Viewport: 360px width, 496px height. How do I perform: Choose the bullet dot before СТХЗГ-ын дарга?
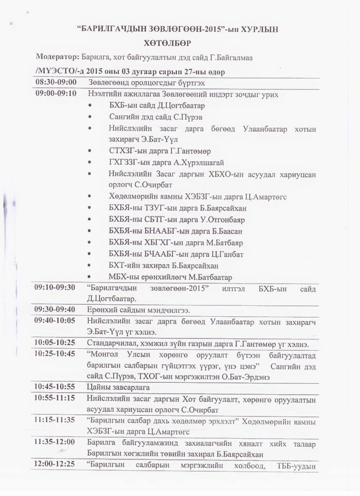[91, 151]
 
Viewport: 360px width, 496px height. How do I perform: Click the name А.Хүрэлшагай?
[187, 162]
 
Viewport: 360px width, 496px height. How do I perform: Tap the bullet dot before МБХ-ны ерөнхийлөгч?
[91, 277]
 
